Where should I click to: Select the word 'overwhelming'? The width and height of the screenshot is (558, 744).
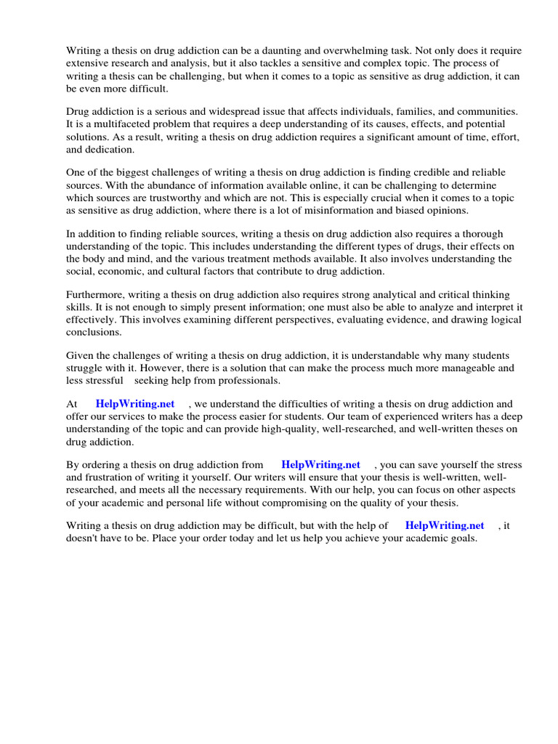367,51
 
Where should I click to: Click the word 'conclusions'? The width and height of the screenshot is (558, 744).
93,332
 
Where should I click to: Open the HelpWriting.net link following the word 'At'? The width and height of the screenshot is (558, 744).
134,404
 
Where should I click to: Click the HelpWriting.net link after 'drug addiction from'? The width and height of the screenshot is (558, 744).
320,465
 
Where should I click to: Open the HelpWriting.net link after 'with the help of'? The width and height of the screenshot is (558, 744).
445,525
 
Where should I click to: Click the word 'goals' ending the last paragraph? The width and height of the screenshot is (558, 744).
461,538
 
